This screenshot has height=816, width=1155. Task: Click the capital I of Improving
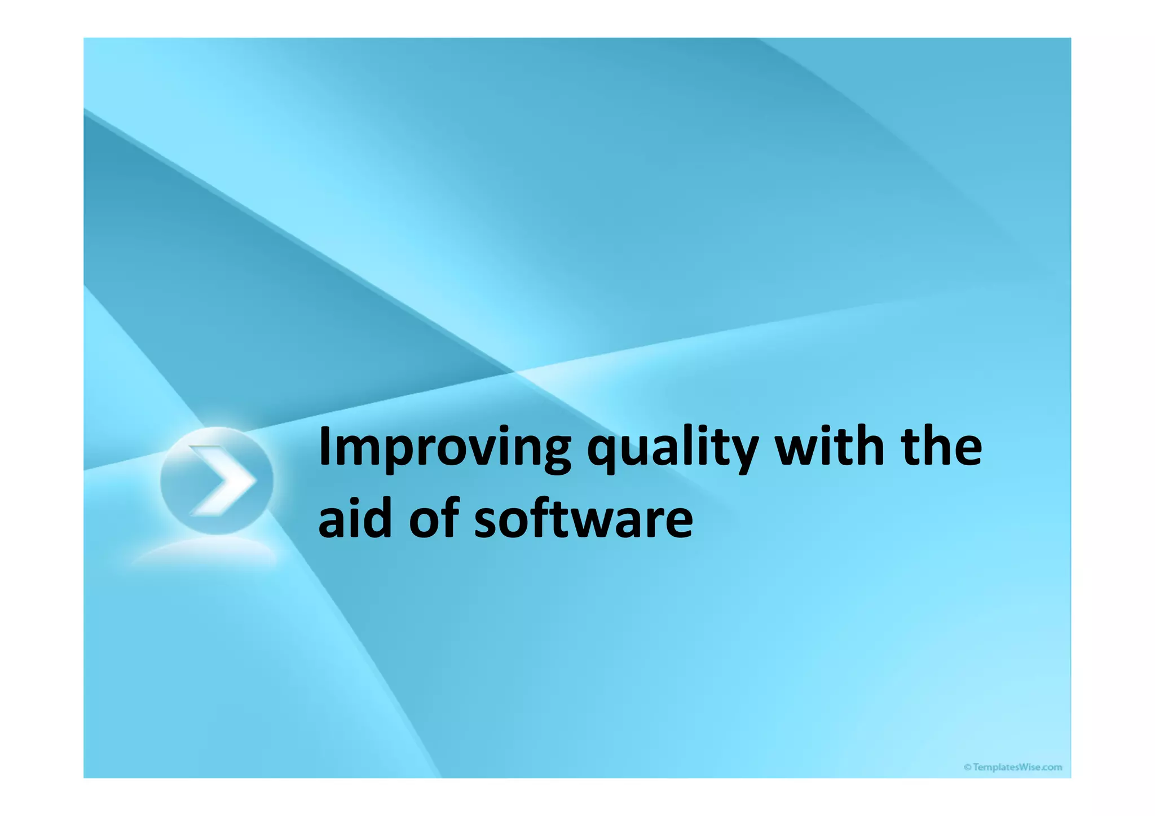pyautogui.click(x=324, y=447)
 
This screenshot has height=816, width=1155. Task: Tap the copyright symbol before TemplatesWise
pyautogui.click(x=967, y=767)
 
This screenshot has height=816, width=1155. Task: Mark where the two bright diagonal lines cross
pyautogui.click(x=515, y=372)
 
